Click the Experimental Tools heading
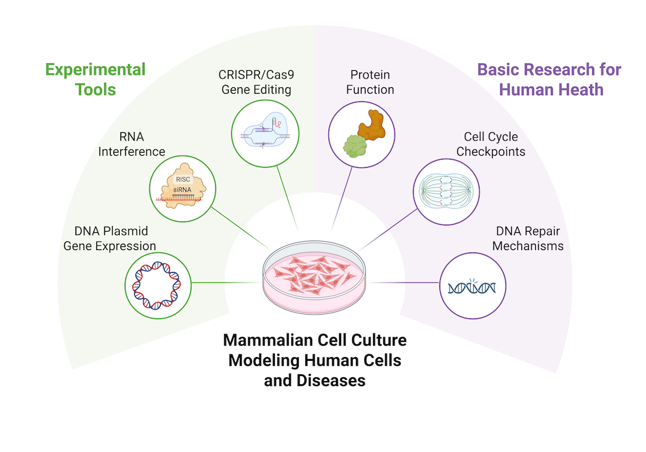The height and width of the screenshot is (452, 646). pyautogui.click(x=95, y=78)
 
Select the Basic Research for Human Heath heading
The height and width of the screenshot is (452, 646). pyautogui.click(x=549, y=78)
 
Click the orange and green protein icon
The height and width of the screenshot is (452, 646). pyautogui.click(x=362, y=134)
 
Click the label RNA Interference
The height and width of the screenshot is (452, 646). pyautogui.click(x=132, y=144)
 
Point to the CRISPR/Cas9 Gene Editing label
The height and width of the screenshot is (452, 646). pyautogui.click(x=256, y=82)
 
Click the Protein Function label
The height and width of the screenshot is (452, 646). pyautogui.click(x=370, y=82)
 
